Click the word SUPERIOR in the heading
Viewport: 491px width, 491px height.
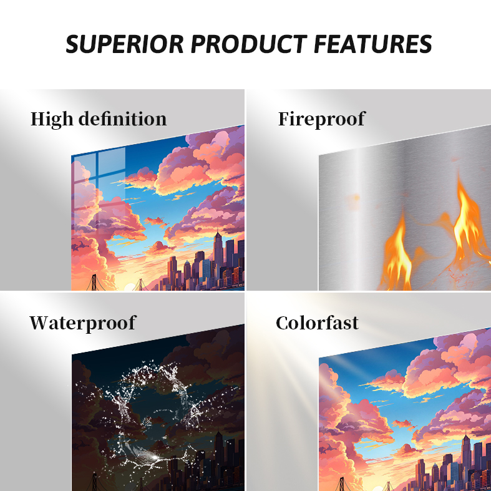coord(125,44)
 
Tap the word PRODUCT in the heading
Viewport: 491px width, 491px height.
coord(249,44)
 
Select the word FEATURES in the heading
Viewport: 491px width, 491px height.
coord(372,44)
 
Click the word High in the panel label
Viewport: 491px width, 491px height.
coord(52,120)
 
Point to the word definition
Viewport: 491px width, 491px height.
coord(122,119)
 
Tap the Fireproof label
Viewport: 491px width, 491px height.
coord(321,120)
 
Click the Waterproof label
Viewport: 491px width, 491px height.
coord(83,323)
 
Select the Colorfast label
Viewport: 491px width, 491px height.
coord(317,323)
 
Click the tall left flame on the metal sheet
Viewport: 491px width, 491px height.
coord(397,251)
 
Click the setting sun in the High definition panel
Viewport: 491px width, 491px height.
coord(129,287)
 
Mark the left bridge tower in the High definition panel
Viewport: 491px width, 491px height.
coord(94,283)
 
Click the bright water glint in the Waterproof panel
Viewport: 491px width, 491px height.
coord(153,457)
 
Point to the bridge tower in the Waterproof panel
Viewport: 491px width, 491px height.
coord(94,482)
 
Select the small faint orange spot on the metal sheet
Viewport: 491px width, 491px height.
coord(356,198)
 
